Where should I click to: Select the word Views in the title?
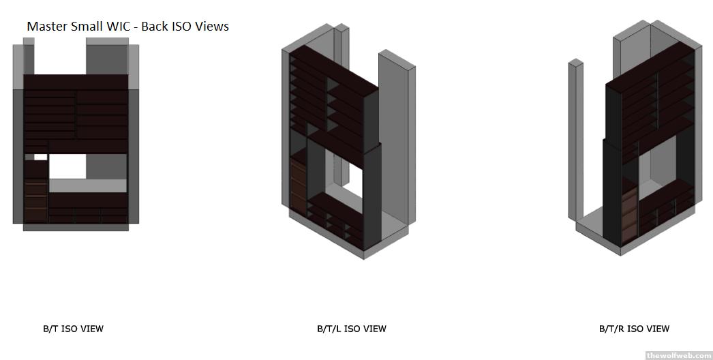[213, 27]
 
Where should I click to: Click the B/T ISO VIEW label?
[73, 329]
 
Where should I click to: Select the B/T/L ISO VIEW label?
[352, 329]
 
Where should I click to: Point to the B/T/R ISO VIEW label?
[635, 329]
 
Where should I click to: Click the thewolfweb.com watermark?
[679, 355]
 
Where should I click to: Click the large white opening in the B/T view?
[67, 166]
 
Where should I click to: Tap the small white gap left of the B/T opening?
[40, 157]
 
